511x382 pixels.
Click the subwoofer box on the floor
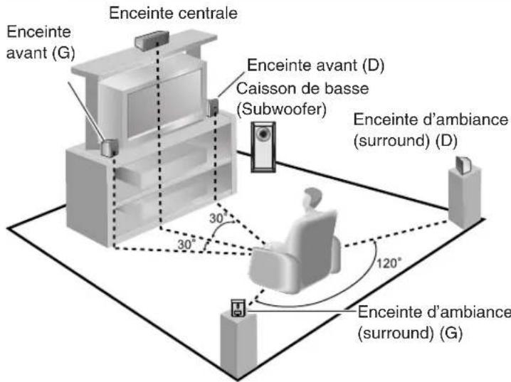pyautogui.click(x=263, y=145)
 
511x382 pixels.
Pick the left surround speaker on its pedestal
pyautogui.click(x=236, y=307)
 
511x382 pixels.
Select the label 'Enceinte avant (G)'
pyautogui.click(x=41, y=42)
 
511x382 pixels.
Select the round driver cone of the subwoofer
pyautogui.click(x=263, y=133)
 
